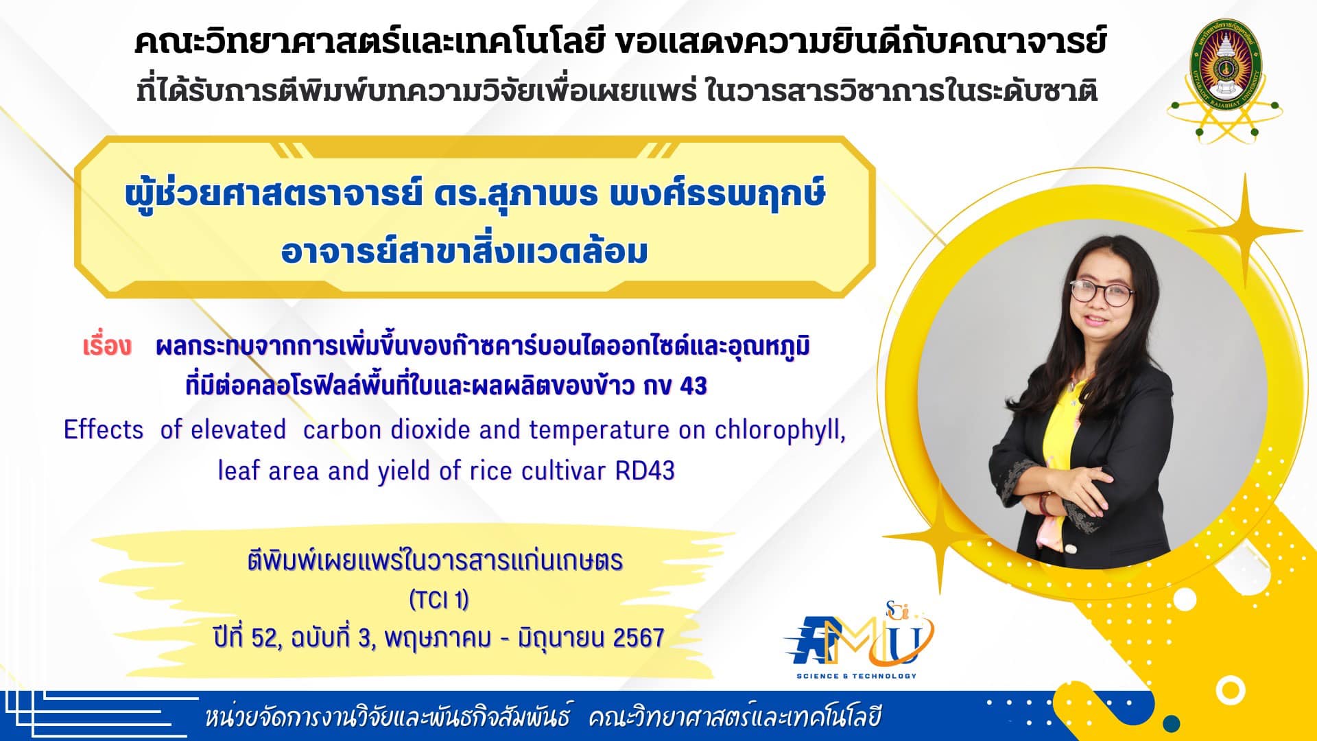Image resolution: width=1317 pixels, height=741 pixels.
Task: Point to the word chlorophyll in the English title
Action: coord(780,431)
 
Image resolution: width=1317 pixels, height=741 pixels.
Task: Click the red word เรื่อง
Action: coord(106,346)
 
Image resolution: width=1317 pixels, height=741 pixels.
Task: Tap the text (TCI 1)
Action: coord(439,600)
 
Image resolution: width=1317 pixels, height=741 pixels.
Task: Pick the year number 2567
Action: coord(638,638)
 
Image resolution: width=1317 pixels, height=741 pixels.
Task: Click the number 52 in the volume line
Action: coord(263,638)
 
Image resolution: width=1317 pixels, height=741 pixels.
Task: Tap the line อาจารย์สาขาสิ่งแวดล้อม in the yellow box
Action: coord(464,252)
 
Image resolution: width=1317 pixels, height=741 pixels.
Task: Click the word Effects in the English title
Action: coord(104,430)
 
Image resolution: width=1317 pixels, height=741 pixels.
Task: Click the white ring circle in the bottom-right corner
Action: coord(1230,690)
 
